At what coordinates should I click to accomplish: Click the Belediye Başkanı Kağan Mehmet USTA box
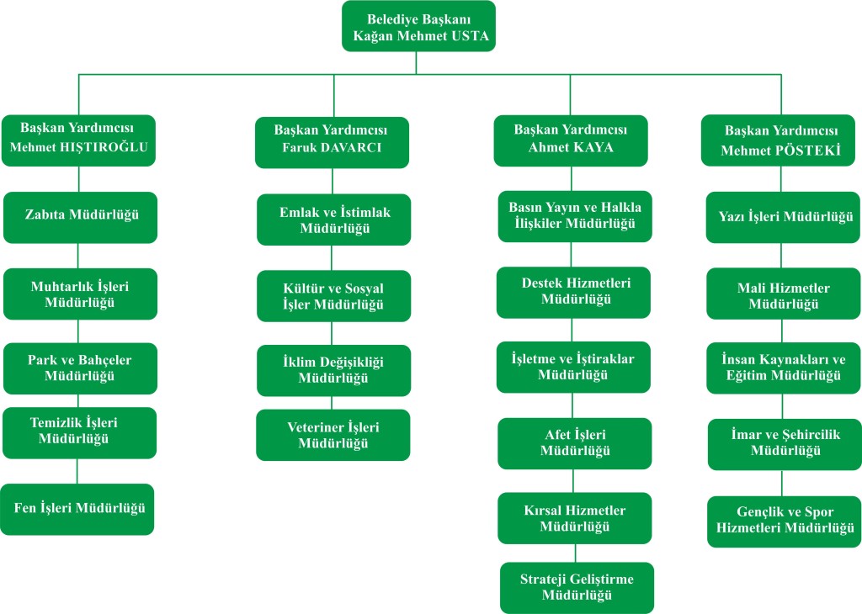418,27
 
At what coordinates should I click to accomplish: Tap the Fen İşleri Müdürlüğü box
77,509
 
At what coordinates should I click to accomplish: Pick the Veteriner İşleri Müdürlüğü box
333,435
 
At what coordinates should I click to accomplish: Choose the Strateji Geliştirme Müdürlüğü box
577,588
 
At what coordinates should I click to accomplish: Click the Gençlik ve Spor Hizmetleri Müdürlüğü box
784,521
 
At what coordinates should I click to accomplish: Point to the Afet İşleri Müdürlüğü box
575,442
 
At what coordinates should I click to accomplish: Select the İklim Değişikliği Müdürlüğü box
333,370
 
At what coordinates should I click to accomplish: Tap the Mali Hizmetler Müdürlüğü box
784,295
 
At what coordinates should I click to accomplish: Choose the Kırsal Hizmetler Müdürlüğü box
574,518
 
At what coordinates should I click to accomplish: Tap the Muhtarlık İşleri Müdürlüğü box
80,294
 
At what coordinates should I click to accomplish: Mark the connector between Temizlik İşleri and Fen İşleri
78,470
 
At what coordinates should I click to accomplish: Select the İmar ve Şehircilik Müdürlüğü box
785,443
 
